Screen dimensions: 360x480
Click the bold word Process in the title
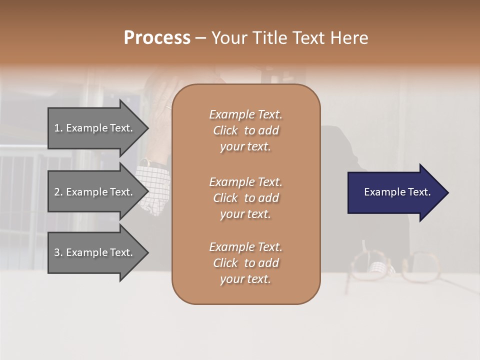[157, 38]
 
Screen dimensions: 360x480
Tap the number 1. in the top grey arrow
[58, 128]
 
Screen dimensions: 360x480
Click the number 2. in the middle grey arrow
[58, 192]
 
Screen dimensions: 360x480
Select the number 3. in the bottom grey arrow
[58, 252]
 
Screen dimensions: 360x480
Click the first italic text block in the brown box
[245, 130]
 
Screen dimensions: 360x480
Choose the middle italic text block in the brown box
[245, 197]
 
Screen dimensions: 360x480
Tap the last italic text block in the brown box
[245, 263]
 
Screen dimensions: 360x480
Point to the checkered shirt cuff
[155, 187]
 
